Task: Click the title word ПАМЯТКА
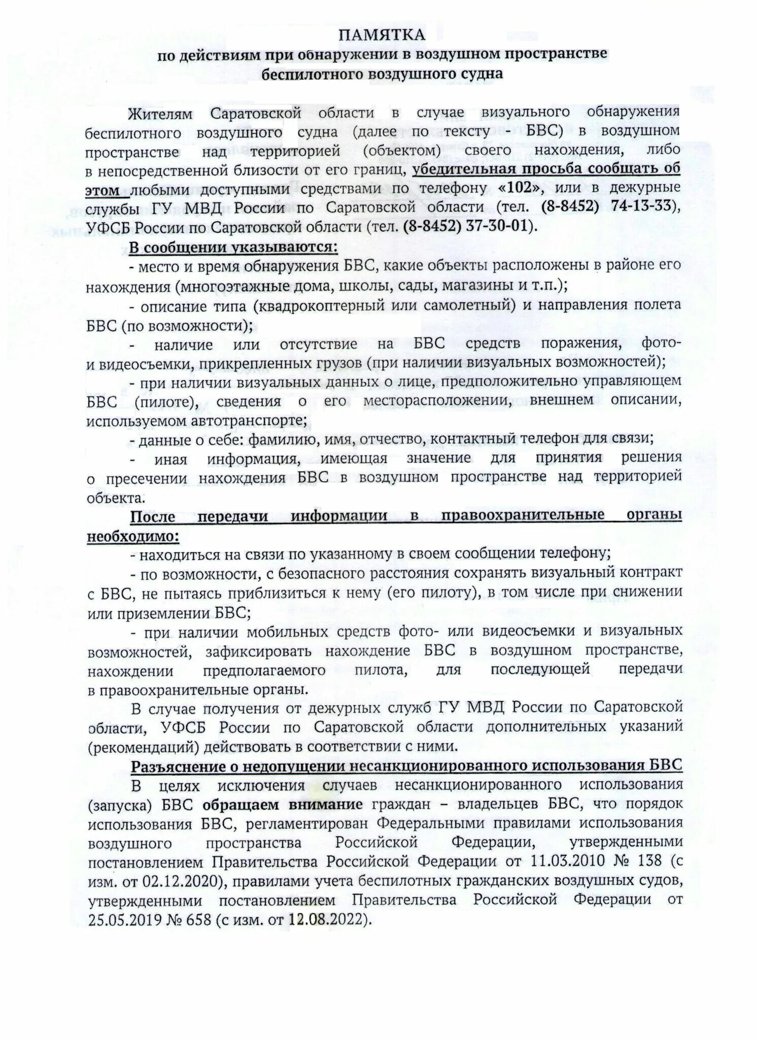pyautogui.click(x=382, y=35)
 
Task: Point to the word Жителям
pyautogui.click(x=160, y=113)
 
